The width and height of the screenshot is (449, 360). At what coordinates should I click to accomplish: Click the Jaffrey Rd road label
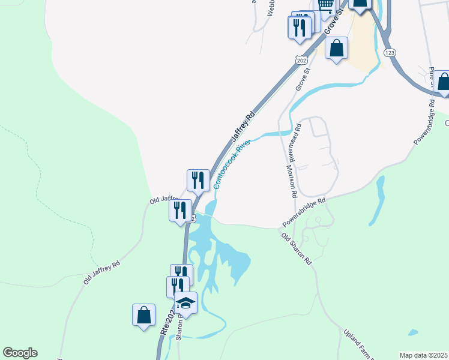[x=243, y=127]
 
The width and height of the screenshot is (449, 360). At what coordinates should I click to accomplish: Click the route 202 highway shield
[x=301, y=59]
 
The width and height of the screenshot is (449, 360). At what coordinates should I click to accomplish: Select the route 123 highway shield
[x=390, y=53]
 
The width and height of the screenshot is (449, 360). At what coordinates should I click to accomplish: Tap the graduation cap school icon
[x=186, y=303]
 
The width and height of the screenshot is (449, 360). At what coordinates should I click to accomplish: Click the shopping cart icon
[x=325, y=5]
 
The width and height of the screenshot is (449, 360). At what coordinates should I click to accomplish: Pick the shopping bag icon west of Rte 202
[x=144, y=315]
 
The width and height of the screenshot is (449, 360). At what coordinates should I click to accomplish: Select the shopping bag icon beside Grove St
[x=337, y=47]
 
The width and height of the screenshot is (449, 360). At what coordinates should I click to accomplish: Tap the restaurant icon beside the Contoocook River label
[x=198, y=179]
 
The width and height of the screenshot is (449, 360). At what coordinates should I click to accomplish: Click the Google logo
[x=20, y=353]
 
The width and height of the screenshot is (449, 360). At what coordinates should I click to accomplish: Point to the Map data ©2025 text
[x=423, y=355]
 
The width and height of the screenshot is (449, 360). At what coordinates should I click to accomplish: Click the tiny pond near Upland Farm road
[x=412, y=332]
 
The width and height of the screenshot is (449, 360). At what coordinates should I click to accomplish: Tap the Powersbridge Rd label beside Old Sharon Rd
[x=304, y=213]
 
